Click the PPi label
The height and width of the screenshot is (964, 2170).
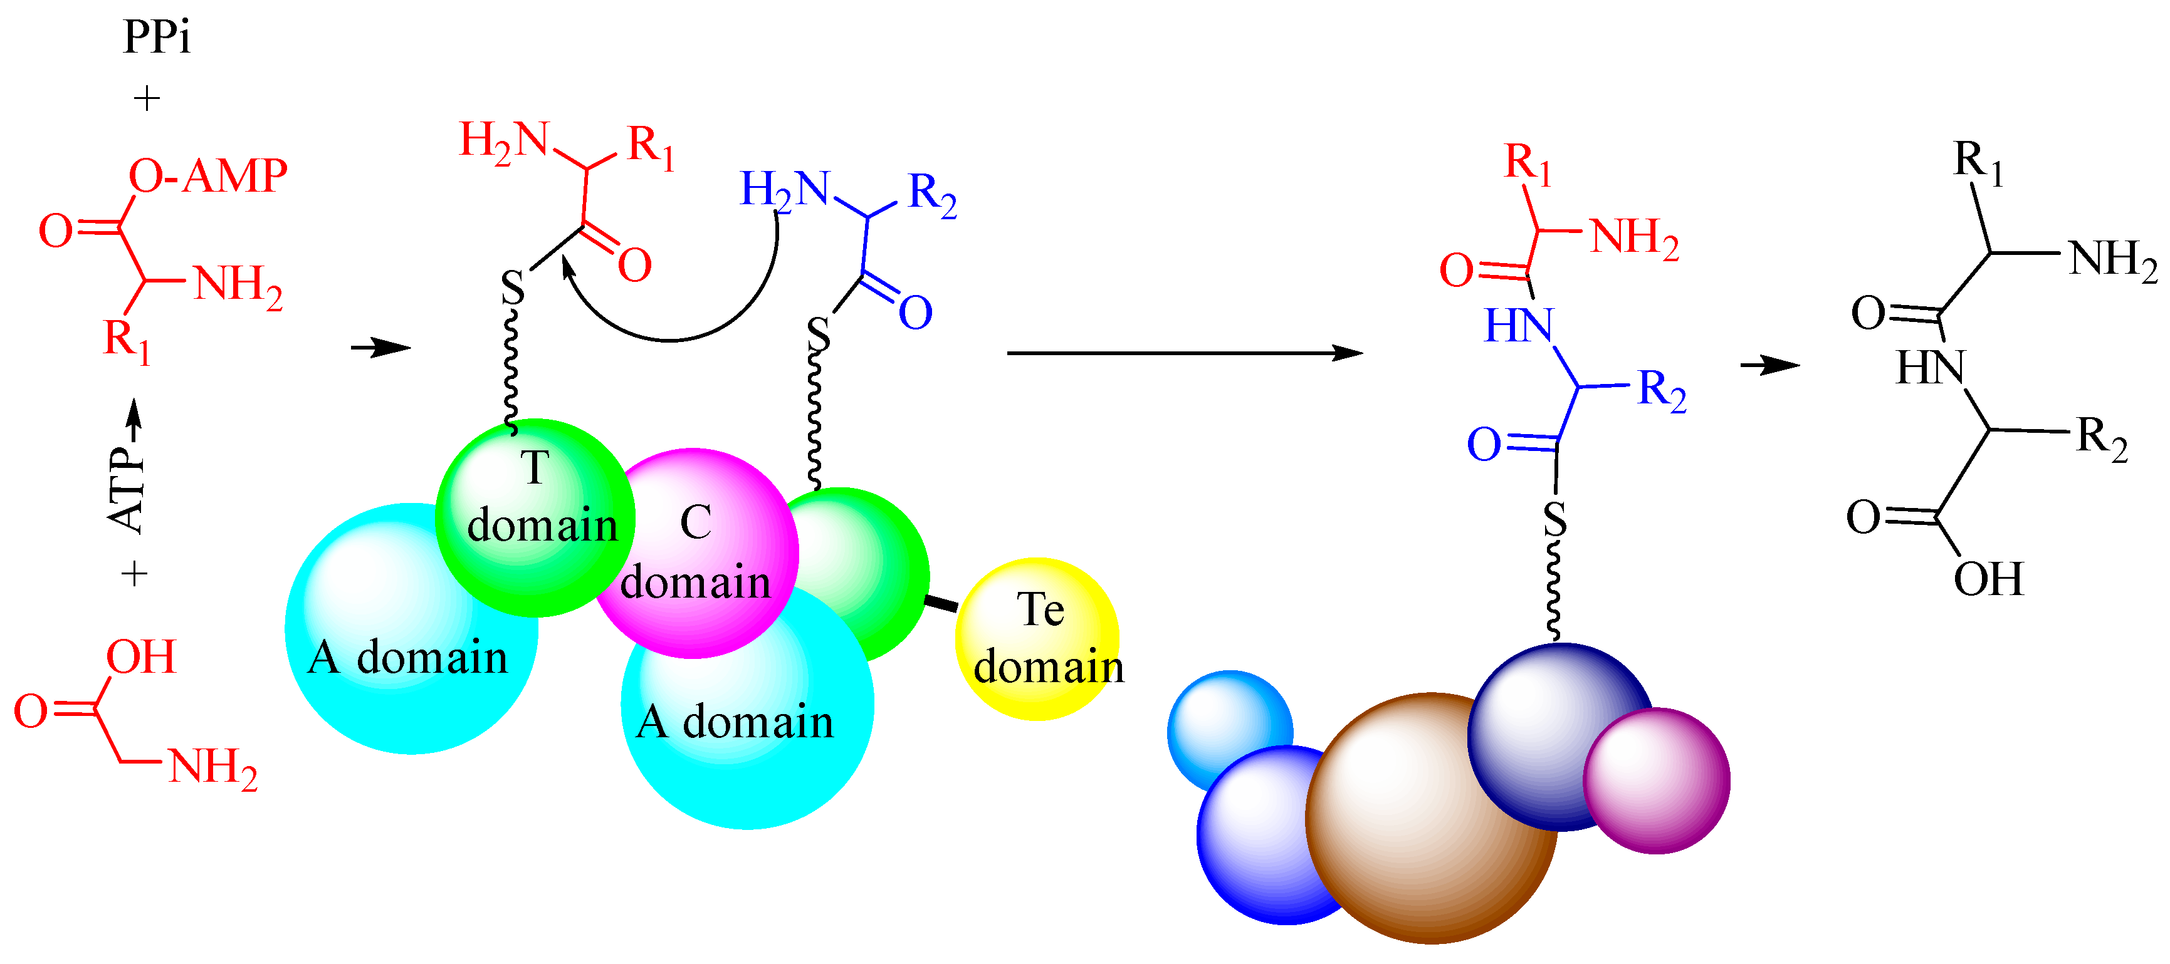click(157, 37)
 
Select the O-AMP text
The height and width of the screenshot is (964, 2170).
click(208, 177)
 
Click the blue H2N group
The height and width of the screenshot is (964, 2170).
click(784, 189)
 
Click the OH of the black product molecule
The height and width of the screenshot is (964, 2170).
click(1988, 579)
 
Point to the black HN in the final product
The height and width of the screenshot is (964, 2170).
click(1930, 367)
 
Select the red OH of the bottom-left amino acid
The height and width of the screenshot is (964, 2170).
click(140, 658)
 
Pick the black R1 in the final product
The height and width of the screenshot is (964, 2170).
click(1978, 162)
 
